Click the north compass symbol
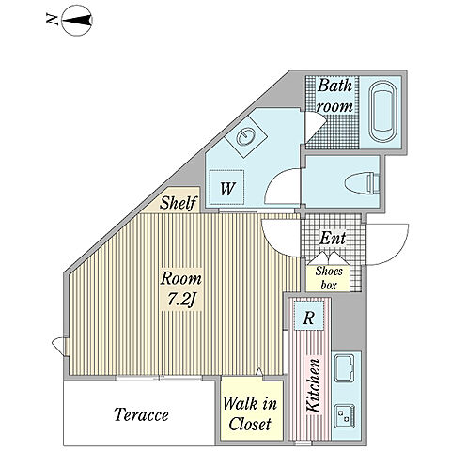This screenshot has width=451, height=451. pyautogui.click(x=77, y=21)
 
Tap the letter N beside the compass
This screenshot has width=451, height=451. pyautogui.click(x=52, y=20)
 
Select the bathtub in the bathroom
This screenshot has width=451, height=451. pyautogui.click(x=382, y=112)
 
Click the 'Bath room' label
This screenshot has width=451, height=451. pyautogui.click(x=334, y=96)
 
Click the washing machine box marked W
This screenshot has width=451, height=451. pyautogui.click(x=226, y=187)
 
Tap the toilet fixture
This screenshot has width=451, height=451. pyautogui.click(x=363, y=183)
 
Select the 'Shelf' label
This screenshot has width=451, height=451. pyautogui.click(x=179, y=202)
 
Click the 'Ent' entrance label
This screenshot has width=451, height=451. pyautogui.click(x=333, y=238)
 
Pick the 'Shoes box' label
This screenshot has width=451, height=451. pyautogui.click(x=329, y=278)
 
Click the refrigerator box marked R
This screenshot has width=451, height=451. pyautogui.click(x=309, y=319)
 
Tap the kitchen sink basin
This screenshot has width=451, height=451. pyautogui.click(x=345, y=368)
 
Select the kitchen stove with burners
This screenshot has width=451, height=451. pyautogui.click(x=345, y=415)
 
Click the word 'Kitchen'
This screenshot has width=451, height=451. pyautogui.click(x=314, y=385)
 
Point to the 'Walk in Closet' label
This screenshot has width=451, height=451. pyautogui.click(x=250, y=414)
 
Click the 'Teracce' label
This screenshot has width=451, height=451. pyautogui.click(x=141, y=414)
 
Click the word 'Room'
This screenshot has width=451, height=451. pyautogui.click(x=181, y=278)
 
